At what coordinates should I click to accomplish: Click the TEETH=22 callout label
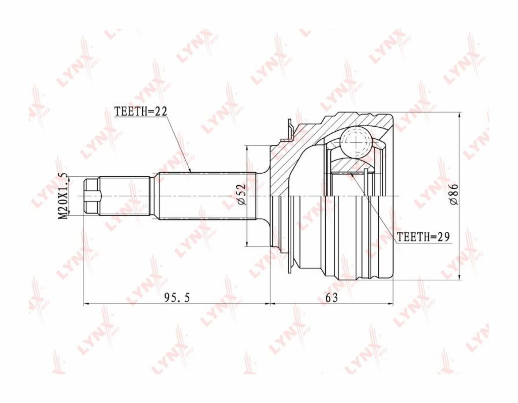point(141,111)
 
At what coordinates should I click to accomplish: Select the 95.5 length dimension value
point(177,298)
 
